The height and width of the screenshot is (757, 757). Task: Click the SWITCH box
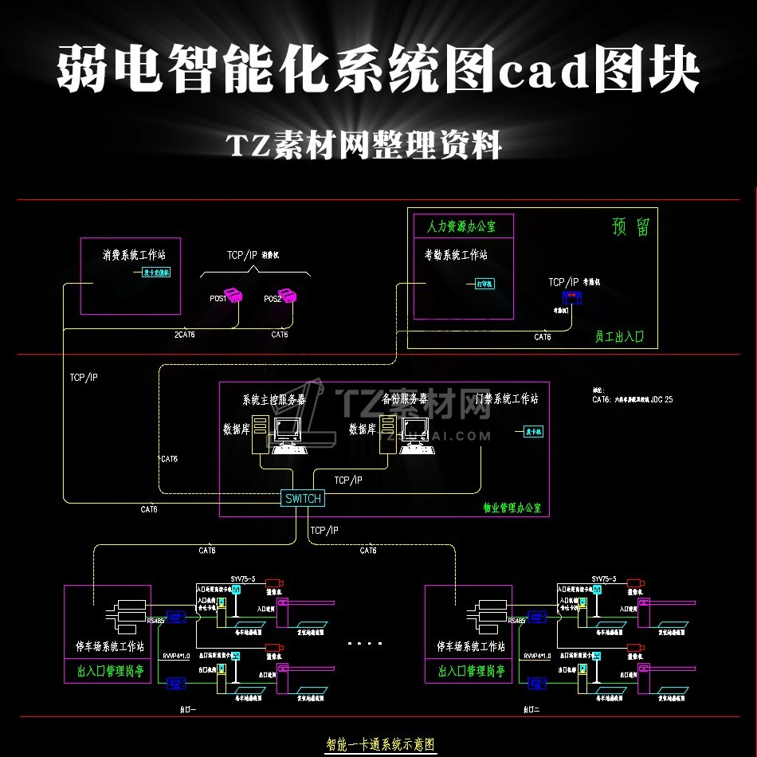[x=303, y=499]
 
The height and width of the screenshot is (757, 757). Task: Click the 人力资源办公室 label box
[x=463, y=226]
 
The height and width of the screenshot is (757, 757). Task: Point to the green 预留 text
[x=630, y=227]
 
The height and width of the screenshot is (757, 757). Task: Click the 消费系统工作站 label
[x=133, y=256]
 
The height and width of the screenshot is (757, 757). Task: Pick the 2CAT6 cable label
[x=184, y=335]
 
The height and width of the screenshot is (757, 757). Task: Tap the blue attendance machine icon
[x=573, y=297]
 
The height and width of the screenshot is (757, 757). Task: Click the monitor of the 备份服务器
[x=414, y=431]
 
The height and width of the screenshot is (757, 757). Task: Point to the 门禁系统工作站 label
[x=506, y=398]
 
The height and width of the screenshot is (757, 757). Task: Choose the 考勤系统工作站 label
[x=455, y=256]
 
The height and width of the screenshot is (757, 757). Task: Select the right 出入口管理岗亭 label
[x=471, y=671]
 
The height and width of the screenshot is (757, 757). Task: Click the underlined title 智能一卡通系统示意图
[x=380, y=745]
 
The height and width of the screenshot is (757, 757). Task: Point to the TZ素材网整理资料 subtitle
[x=364, y=146]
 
